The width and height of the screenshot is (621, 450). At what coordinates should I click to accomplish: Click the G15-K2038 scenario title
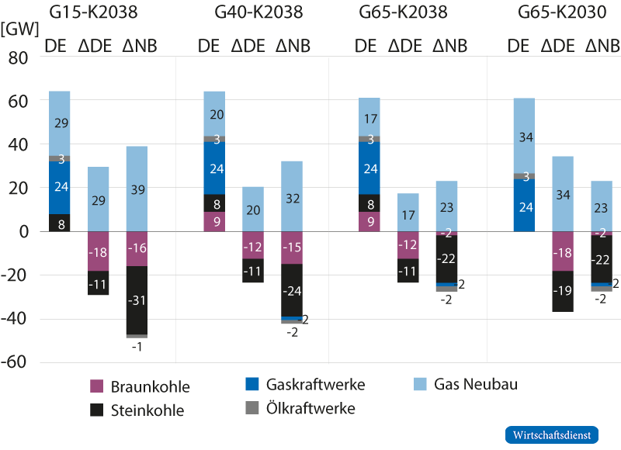pyautogui.click(x=99, y=12)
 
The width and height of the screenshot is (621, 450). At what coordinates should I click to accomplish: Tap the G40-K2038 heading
pyautogui.click(x=258, y=12)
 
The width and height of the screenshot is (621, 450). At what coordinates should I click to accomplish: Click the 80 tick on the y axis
pyautogui.click(x=17, y=58)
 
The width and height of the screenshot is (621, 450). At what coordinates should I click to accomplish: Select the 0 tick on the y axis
pyautogui.click(x=23, y=232)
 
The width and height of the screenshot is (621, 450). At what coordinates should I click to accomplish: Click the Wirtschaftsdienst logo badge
pyautogui.click(x=552, y=434)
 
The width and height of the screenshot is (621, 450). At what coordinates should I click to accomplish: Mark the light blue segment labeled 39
pyautogui.click(x=137, y=189)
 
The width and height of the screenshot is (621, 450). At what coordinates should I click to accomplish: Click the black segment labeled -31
pyautogui.click(x=137, y=300)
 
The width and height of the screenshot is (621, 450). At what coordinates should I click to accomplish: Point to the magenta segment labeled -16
pyautogui.click(x=137, y=249)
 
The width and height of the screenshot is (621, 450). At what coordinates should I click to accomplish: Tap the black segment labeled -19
pyautogui.click(x=563, y=292)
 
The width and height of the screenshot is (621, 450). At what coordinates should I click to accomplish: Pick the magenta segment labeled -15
pyautogui.click(x=292, y=248)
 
